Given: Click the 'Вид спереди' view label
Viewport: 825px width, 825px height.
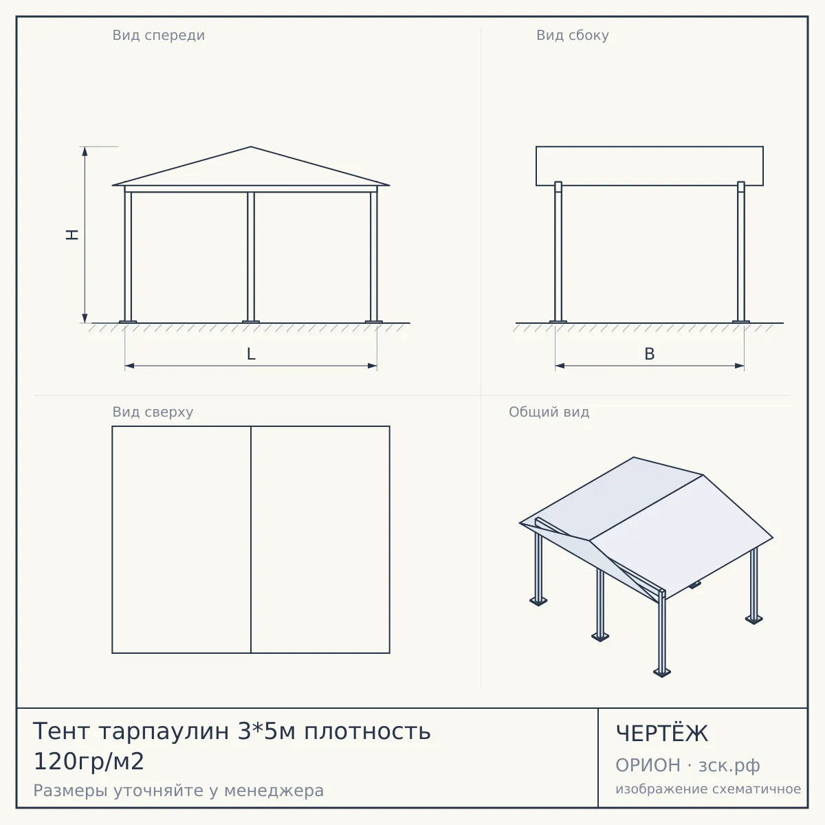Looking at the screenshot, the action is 158,36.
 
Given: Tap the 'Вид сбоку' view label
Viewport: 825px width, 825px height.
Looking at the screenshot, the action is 573,36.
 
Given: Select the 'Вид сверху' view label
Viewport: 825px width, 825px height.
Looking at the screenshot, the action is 153,412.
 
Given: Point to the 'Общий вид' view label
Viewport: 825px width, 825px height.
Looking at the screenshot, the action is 549,412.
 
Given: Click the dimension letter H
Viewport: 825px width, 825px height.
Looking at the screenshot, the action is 72,234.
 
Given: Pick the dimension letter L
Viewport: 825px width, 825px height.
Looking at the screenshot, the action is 252,354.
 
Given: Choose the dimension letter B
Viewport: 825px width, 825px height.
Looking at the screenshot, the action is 650,354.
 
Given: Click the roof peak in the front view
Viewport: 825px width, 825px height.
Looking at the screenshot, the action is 251,147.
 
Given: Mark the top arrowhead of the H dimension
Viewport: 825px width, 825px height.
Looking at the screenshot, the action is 85,151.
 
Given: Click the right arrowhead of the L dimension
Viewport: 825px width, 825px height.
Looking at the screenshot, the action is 373,366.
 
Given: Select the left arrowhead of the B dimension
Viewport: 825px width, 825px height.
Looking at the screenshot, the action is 560,366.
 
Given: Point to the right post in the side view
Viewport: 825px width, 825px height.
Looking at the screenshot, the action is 741,252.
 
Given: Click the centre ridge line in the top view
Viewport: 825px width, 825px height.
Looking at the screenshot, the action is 251,540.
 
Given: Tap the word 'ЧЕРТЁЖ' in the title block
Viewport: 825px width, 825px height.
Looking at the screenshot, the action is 661,734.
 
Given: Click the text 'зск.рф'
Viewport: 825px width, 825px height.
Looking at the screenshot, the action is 729,765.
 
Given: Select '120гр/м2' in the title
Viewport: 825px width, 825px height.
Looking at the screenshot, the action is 89,762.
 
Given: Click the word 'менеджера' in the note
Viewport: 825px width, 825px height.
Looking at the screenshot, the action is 274,791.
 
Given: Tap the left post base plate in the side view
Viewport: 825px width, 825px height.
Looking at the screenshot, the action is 558,322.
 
